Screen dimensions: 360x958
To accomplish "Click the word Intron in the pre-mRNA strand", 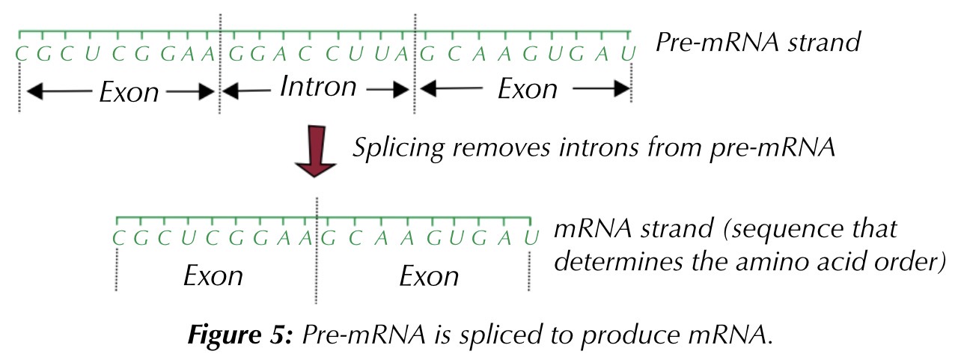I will [x=318, y=87].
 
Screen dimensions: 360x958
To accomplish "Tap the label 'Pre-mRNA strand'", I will [x=758, y=42].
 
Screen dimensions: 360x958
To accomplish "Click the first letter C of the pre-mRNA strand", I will [x=20, y=54].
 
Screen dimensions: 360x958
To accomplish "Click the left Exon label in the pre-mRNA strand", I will [x=129, y=92].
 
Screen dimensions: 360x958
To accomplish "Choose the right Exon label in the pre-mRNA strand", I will [x=528, y=89].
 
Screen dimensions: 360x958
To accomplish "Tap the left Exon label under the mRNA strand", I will [x=213, y=275].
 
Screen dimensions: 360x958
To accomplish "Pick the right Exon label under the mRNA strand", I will [x=429, y=276].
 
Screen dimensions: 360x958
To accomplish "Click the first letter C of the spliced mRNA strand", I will [x=118, y=239].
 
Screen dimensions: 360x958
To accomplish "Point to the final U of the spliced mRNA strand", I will [x=531, y=239].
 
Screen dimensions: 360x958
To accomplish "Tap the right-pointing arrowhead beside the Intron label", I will [x=404, y=90].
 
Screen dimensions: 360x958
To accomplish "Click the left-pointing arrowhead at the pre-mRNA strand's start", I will [x=34, y=93].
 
